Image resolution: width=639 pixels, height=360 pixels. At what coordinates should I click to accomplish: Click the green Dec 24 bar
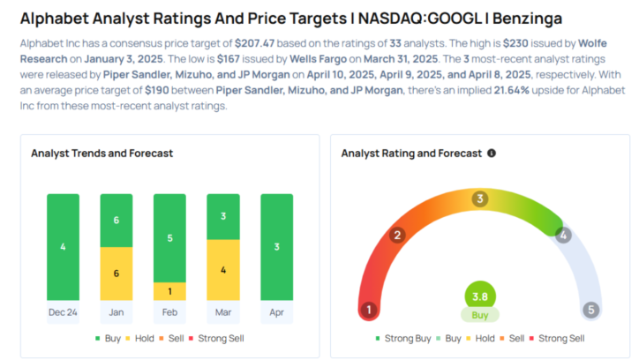63,247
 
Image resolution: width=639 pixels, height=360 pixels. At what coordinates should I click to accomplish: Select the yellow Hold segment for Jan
117,274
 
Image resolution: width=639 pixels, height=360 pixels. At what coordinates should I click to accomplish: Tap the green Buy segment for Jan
117,221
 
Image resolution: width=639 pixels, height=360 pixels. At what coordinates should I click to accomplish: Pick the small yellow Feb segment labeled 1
169,291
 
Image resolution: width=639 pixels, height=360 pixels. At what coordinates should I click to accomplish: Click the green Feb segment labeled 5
169,237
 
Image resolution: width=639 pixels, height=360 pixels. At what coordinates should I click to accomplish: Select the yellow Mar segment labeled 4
222,270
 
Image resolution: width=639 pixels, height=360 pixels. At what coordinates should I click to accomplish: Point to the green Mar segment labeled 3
222,216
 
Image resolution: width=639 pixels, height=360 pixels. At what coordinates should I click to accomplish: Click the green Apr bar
276,247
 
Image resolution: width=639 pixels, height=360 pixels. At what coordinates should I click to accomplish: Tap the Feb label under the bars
169,312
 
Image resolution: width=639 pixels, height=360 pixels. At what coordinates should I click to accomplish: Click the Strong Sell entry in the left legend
217,338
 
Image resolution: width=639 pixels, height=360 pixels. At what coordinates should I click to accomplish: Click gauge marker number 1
368,310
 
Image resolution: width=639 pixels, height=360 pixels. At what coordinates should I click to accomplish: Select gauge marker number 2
398,235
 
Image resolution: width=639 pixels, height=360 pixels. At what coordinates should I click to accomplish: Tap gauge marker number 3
479,199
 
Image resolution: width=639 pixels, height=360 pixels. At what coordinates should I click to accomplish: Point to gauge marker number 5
590,310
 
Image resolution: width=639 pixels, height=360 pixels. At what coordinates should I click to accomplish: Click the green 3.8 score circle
479,296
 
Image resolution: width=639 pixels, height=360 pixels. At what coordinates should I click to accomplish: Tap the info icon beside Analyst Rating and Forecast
492,153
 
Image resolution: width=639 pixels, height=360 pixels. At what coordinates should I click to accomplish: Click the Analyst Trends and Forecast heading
101,153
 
